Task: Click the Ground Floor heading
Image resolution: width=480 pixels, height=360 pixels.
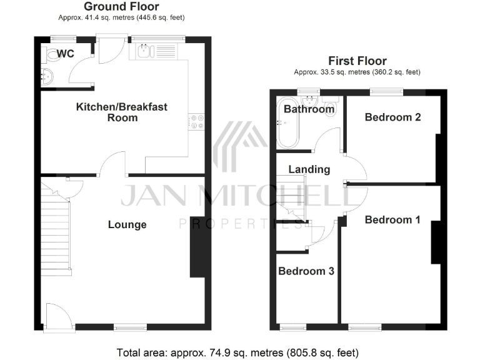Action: coord(121,7)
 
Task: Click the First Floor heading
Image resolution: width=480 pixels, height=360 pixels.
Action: coord(357,61)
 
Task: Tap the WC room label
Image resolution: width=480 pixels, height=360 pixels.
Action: coord(65,54)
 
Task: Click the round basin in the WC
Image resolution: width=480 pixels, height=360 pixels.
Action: coord(47,77)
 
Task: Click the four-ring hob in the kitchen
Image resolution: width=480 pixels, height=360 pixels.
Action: coord(197,122)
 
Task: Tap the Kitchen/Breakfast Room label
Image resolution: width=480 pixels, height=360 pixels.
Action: coord(121,112)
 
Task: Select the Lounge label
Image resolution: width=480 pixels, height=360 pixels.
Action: coord(127,224)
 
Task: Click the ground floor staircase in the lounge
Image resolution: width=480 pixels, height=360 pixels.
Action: coord(56,231)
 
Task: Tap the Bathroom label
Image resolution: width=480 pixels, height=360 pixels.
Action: coord(309,109)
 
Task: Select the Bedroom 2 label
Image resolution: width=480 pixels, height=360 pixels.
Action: coord(392,117)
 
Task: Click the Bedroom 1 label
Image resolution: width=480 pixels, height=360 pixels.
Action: coord(392,219)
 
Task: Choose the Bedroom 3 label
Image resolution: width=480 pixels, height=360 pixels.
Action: coord(306,271)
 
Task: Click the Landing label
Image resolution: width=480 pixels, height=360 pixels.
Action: coord(309,169)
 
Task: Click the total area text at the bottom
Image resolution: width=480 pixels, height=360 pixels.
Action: coord(238,351)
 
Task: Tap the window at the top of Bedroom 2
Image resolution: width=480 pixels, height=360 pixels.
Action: coord(385,92)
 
